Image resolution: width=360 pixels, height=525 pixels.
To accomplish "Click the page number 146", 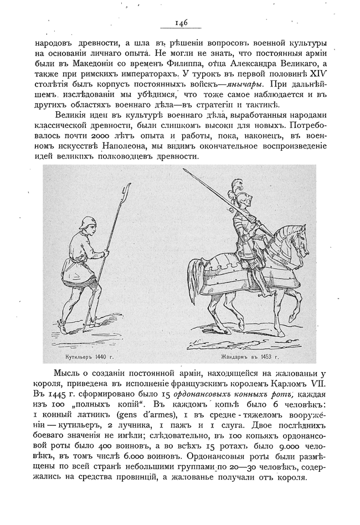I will click(x=181, y=23).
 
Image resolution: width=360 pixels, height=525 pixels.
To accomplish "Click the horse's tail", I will click(x=196, y=276).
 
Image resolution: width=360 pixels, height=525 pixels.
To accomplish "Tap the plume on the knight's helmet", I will click(x=238, y=186).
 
